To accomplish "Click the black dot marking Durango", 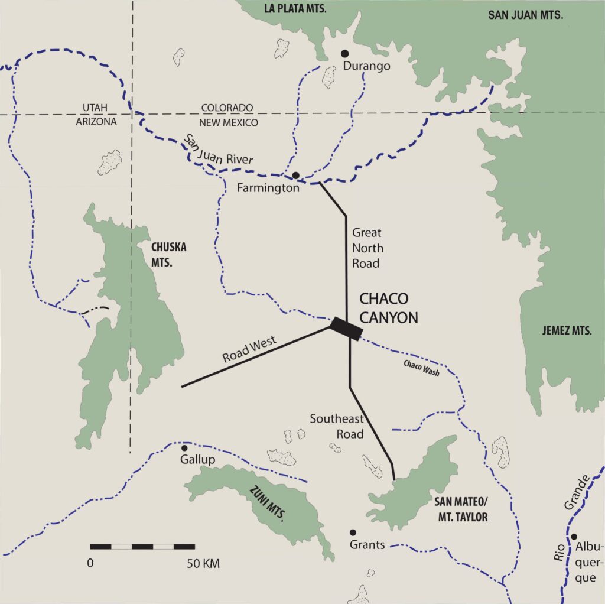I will [x=345, y=54].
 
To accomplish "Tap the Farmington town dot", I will [x=295, y=175].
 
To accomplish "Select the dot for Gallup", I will [x=184, y=448].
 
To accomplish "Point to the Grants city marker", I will [x=353, y=532].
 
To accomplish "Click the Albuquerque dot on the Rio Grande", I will [x=574, y=537].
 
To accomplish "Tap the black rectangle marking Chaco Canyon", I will [x=346, y=327].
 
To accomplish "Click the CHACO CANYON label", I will [x=388, y=308].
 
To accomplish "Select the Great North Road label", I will [x=367, y=248].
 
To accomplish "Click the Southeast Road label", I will [x=337, y=426].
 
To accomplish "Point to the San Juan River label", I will [x=218, y=150].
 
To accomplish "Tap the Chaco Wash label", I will [x=421, y=369].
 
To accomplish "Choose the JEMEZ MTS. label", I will [x=567, y=332].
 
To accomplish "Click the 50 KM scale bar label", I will [x=203, y=563].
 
